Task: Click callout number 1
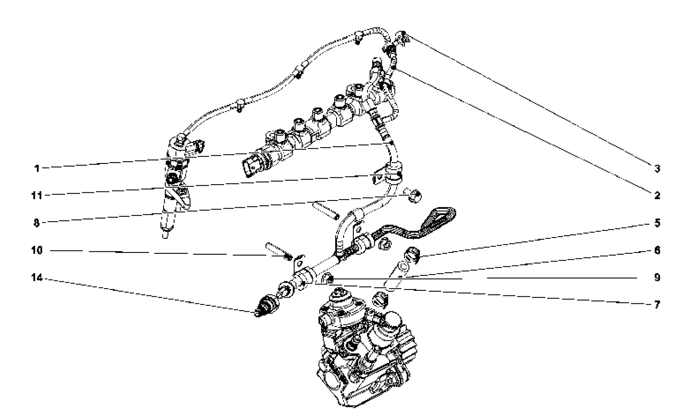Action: pyautogui.click(x=37, y=168)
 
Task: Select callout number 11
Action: pyautogui.click(x=37, y=195)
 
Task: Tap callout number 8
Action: pyautogui.click(x=37, y=223)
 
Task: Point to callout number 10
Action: pyautogui.click(x=37, y=250)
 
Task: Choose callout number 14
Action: pyautogui.click(x=37, y=277)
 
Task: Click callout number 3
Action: pyautogui.click(x=657, y=168)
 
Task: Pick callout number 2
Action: pyautogui.click(x=657, y=195)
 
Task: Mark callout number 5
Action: pyautogui.click(x=657, y=223)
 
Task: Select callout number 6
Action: pyautogui.click(x=657, y=250)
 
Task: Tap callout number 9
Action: pyautogui.click(x=657, y=277)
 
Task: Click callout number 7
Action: pyautogui.click(x=657, y=304)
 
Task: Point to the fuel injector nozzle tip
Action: pyautogui.click(x=165, y=235)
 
